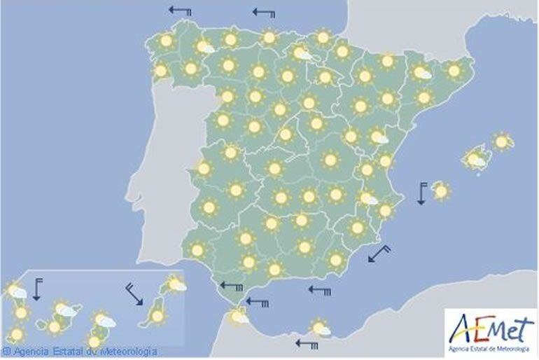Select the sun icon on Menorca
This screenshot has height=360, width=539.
[501, 141]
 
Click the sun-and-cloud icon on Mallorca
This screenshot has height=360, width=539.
[476, 158]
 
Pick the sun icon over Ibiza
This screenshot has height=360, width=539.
[441, 190]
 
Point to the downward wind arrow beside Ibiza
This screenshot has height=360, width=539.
[422, 193]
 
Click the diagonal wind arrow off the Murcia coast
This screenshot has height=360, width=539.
[379, 253]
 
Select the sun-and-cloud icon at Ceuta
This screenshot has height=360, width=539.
[240, 317]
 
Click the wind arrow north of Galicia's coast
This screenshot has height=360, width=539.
[181, 11]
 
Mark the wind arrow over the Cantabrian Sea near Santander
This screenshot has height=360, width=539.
[264, 13]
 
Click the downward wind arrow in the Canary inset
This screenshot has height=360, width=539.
[37, 289]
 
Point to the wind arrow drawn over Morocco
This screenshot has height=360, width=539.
[307, 343]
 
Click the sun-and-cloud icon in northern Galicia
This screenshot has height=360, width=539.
[204, 47]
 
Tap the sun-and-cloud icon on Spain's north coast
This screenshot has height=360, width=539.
[302, 53]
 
